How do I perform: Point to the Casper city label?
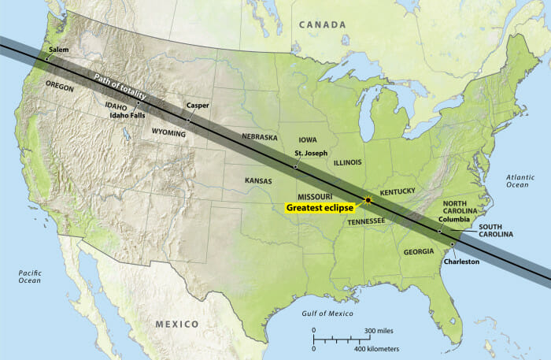click(198, 105)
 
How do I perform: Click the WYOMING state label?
click(168, 133)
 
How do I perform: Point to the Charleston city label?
click(461, 262)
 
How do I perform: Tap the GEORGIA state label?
click(417, 251)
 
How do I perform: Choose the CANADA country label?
click(322, 25)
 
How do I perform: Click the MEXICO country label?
click(177, 324)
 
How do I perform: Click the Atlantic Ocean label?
click(519, 180)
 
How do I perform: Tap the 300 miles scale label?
click(379, 330)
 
